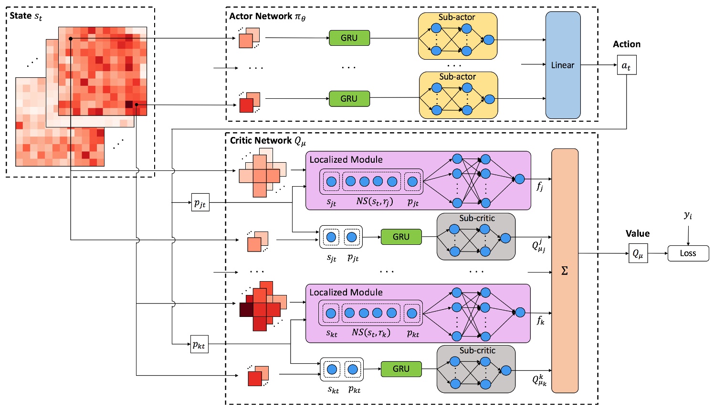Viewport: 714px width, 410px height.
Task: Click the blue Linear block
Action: [563, 65]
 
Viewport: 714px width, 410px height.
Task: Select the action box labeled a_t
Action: [626, 65]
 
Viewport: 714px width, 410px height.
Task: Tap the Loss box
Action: [688, 253]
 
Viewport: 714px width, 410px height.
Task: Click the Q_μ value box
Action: [638, 254]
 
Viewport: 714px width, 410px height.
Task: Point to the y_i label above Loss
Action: [688, 215]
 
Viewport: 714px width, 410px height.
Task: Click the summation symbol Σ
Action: [565, 271]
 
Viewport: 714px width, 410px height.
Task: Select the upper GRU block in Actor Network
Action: [349, 38]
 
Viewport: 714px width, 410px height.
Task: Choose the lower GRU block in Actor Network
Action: [349, 98]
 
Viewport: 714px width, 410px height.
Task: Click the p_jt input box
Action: [200, 203]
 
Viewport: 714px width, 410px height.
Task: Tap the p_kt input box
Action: [199, 345]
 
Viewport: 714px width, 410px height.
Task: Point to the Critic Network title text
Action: [268, 141]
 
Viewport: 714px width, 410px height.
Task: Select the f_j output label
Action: [540, 187]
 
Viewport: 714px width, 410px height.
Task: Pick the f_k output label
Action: [540, 320]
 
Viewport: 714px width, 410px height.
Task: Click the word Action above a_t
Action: [626, 44]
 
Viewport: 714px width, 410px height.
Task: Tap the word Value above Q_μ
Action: [637, 233]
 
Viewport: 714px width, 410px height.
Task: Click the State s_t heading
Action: [26, 16]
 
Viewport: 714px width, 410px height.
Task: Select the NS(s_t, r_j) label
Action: [375, 201]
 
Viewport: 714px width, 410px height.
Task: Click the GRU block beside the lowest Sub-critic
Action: [401, 368]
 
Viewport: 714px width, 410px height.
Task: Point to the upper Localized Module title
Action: [346, 159]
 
